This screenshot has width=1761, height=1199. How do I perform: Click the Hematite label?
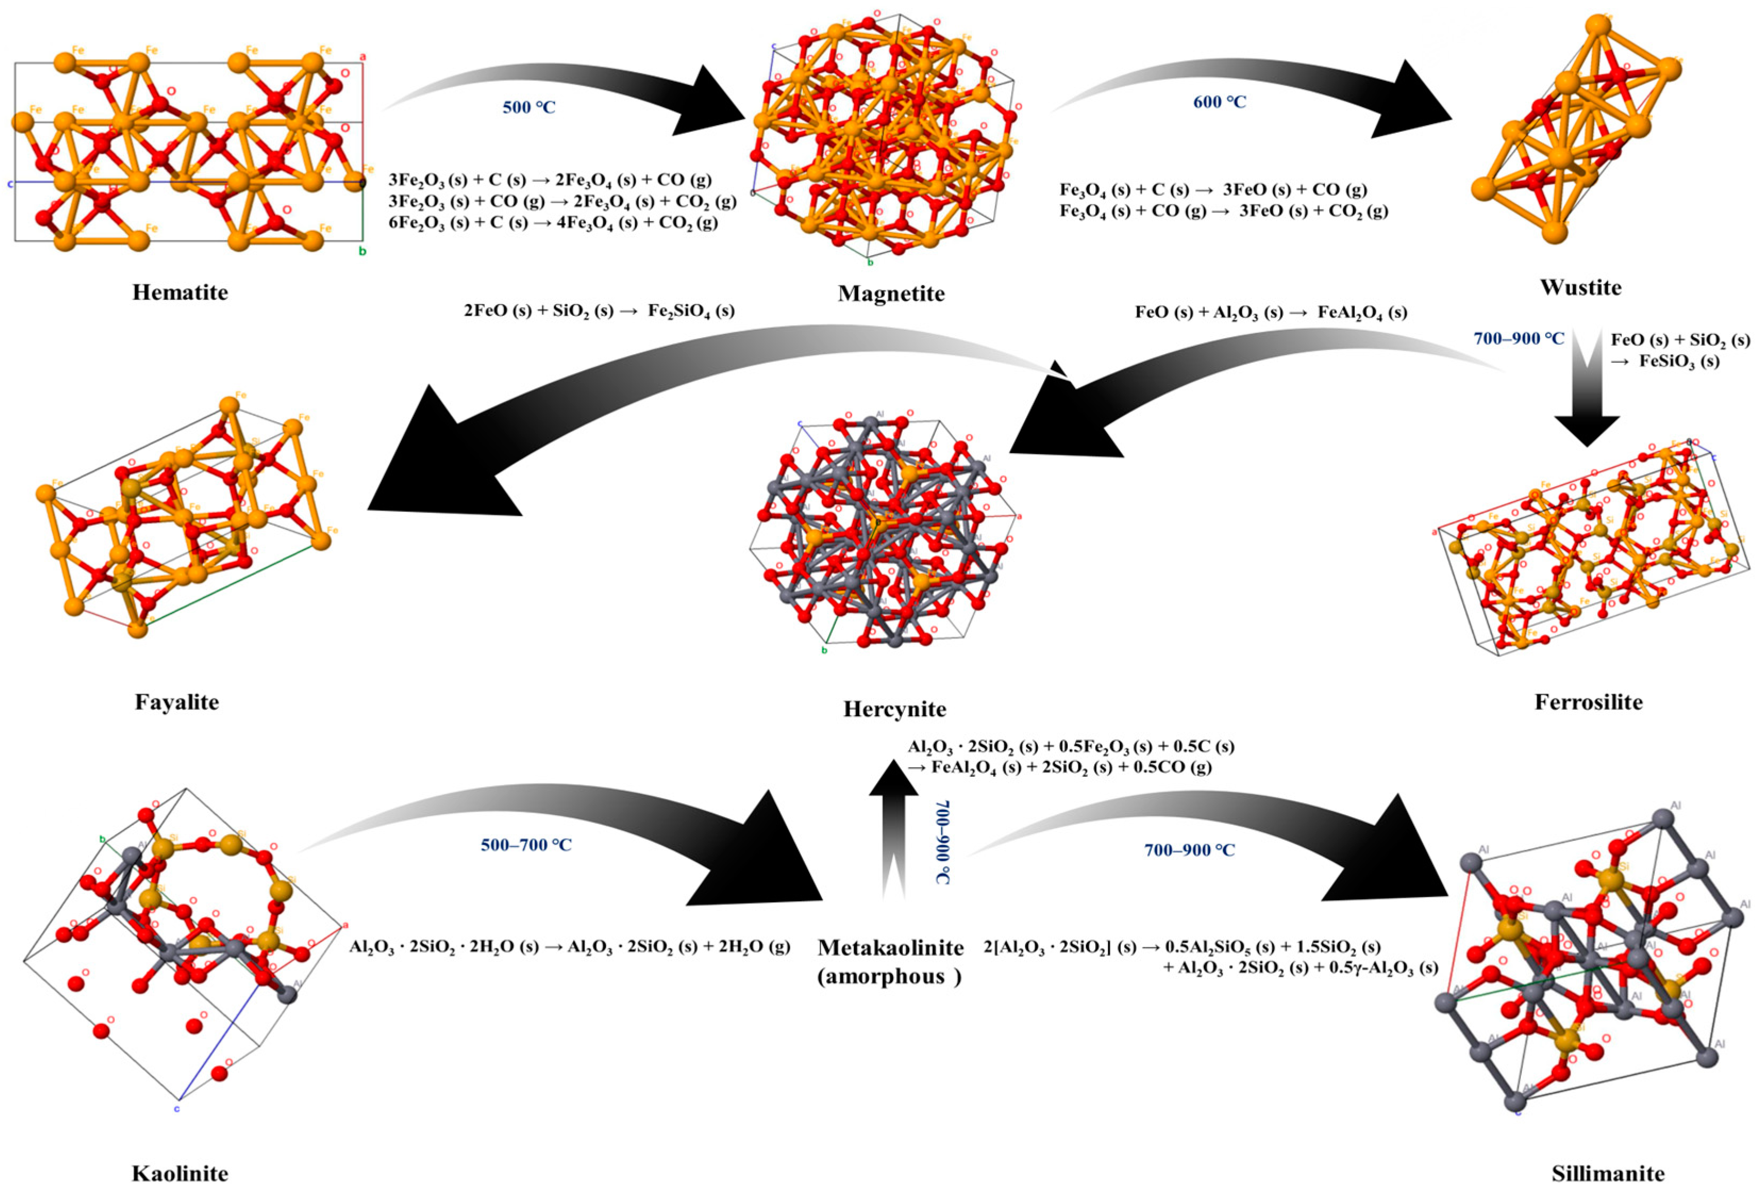180,292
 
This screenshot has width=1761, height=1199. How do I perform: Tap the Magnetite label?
891,294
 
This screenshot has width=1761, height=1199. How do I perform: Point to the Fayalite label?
177,702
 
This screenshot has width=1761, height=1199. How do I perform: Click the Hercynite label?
894,709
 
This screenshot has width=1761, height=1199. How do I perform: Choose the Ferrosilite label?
1588,702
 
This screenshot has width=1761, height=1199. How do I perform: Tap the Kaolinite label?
180,1174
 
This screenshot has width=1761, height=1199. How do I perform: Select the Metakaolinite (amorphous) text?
891,962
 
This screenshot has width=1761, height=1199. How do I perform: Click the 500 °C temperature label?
529,107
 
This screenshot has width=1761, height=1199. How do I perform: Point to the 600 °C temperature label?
1219,102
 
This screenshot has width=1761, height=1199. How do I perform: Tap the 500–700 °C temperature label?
526,844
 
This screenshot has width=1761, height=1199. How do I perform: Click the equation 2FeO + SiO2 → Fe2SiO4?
599,311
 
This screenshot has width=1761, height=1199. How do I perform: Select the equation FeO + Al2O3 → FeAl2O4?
1271,312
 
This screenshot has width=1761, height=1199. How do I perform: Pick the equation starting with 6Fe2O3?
552,223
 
